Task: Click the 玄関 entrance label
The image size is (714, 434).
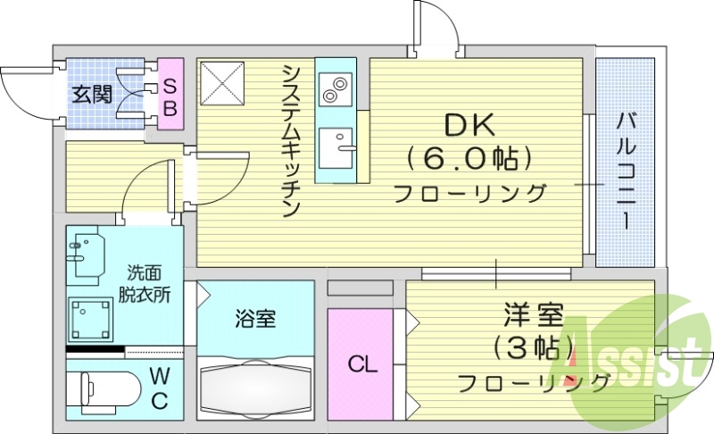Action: pos(92,93)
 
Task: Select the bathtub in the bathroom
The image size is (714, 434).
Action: pos(256,387)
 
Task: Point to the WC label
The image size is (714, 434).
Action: pos(158,387)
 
